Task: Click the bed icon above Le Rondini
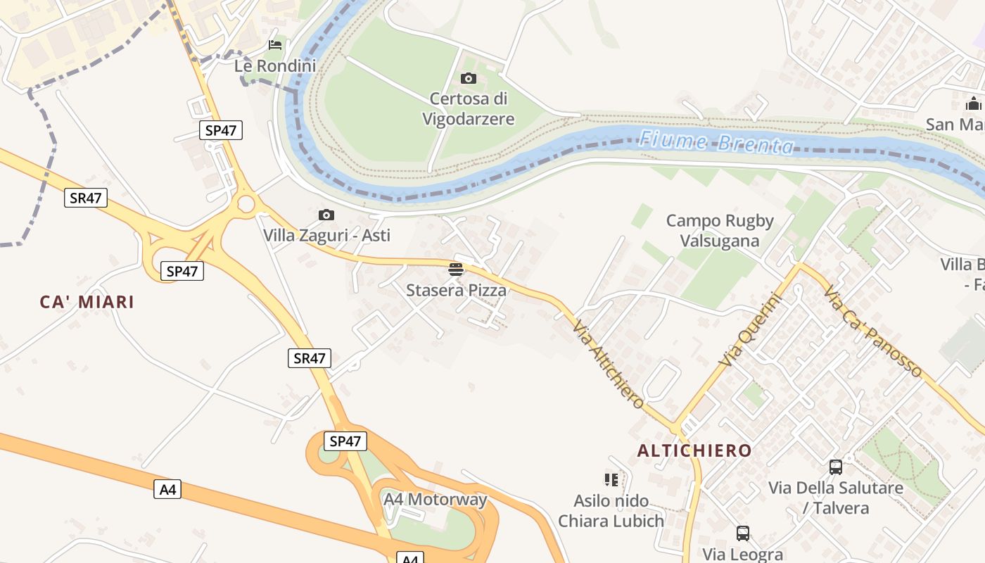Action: (x=275, y=45)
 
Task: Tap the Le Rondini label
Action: (x=275, y=65)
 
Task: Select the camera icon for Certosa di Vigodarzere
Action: (x=468, y=78)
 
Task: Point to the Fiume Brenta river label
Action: (x=716, y=142)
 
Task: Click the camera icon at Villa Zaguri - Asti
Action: (x=326, y=215)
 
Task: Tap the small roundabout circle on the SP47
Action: (x=246, y=204)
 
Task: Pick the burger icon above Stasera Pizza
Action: (x=456, y=269)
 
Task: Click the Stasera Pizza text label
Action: (x=456, y=290)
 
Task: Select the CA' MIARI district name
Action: (x=87, y=303)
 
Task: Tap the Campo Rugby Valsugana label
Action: (x=720, y=231)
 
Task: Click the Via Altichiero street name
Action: (x=609, y=365)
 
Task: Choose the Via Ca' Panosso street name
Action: (x=872, y=331)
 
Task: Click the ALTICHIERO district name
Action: (x=694, y=450)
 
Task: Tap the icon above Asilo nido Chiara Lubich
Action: (x=611, y=480)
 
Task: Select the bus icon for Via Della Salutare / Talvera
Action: (x=835, y=467)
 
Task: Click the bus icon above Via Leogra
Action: (x=742, y=533)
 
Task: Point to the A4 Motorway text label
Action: (x=435, y=500)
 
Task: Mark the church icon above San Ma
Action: (x=974, y=104)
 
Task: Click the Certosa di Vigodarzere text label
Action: (x=468, y=109)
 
